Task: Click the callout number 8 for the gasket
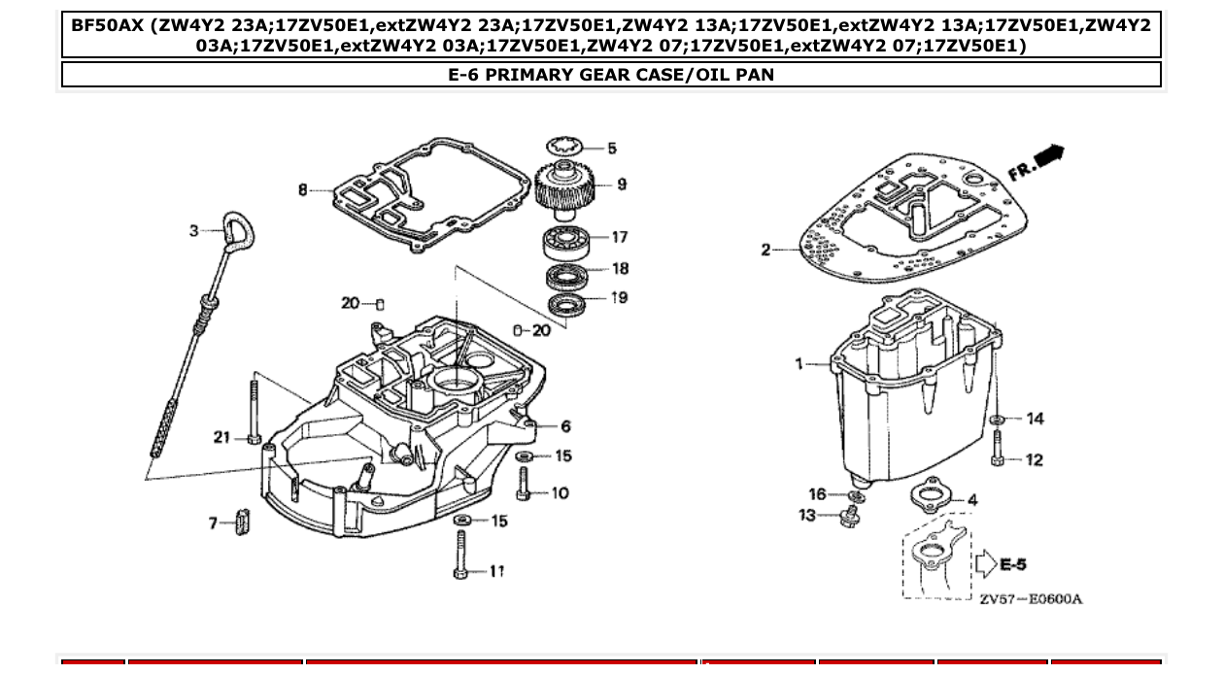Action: (x=302, y=189)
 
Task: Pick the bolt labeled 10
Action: (x=525, y=483)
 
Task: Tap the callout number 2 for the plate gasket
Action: (x=765, y=251)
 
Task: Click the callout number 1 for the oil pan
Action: (x=799, y=364)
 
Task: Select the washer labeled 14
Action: (x=998, y=420)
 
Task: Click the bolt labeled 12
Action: (x=998, y=449)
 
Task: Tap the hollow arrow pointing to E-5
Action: (x=985, y=564)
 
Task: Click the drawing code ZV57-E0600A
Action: (x=1030, y=599)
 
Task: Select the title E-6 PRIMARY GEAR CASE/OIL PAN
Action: (x=611, y=75)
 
